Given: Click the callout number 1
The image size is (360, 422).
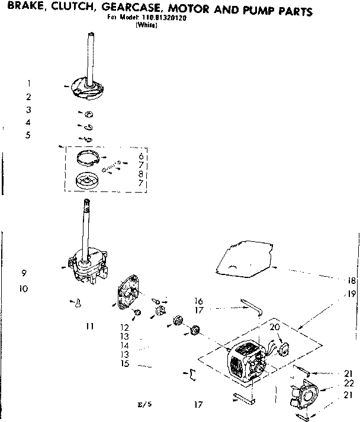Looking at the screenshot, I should click(x=28, y=84).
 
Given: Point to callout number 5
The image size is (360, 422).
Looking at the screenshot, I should click(x=28, y=135).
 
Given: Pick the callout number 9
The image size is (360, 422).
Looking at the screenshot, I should click(x=25, y=273).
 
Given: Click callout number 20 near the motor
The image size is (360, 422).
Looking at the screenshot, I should click(x=275, y=328).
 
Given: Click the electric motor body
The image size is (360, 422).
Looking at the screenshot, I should click(x=245, y=362).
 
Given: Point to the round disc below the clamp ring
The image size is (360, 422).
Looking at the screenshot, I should click(x=86, y=180).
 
